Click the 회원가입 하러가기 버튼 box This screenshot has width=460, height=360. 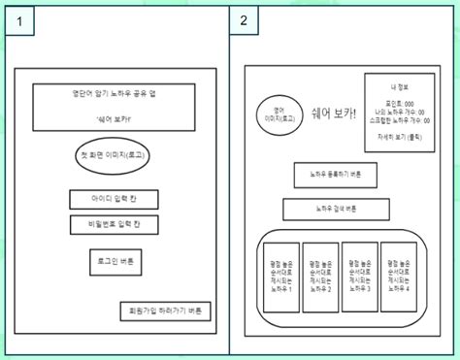pyautogui.click(x=159, y=311)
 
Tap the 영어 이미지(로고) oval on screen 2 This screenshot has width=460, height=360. pyautogui.click(x=279, y=115)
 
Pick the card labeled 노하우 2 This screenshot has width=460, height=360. pyautogui.click(x=321, y=277)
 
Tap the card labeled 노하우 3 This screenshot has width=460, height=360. pyautogui.click(x=360, y=277)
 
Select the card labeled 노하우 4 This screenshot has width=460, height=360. pyautogui.click(x=399, y=277)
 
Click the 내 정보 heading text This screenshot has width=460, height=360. pyautogui.click(x=399, y=87)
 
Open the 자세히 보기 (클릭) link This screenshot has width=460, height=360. pyautogui.click(x=399, y=139)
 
